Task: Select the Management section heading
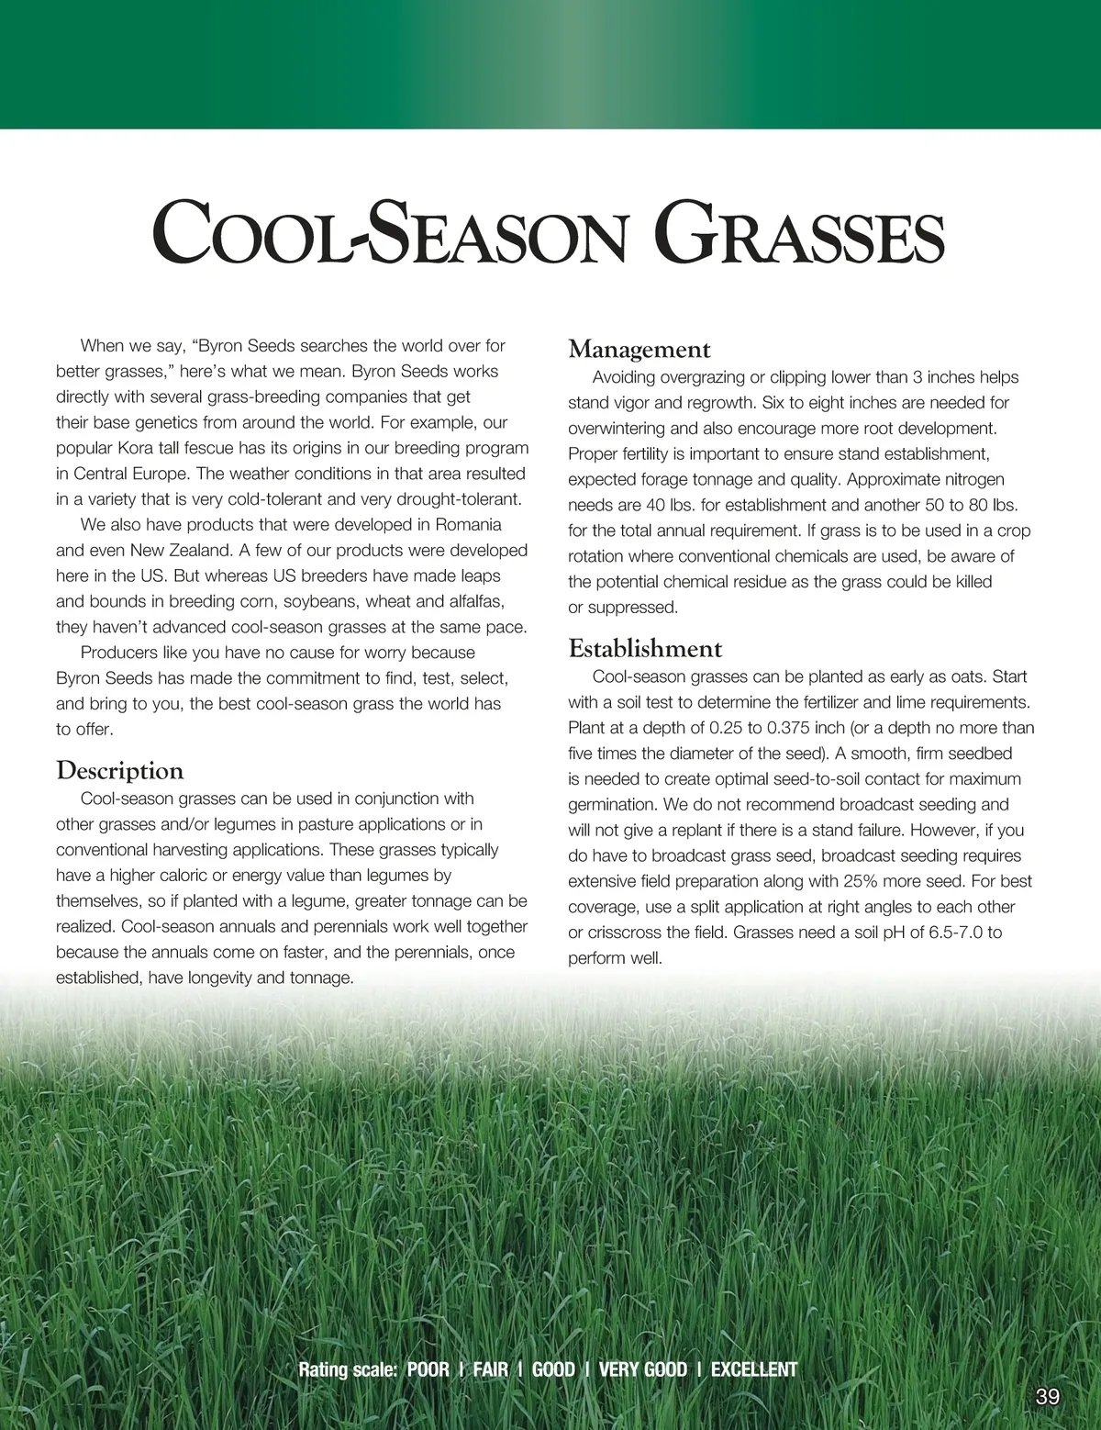pos(639,350)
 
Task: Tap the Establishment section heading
pos(645,649)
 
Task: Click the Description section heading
pos(120,770)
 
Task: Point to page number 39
pos(1047,1397)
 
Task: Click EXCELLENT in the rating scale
pos(754,1369)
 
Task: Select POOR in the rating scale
pos(428,1369)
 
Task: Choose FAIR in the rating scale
pos(491,1369)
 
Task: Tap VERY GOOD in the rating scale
pos(642,1369)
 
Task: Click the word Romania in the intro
pos(468,525)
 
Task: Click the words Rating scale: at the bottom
pos(348,1369)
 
